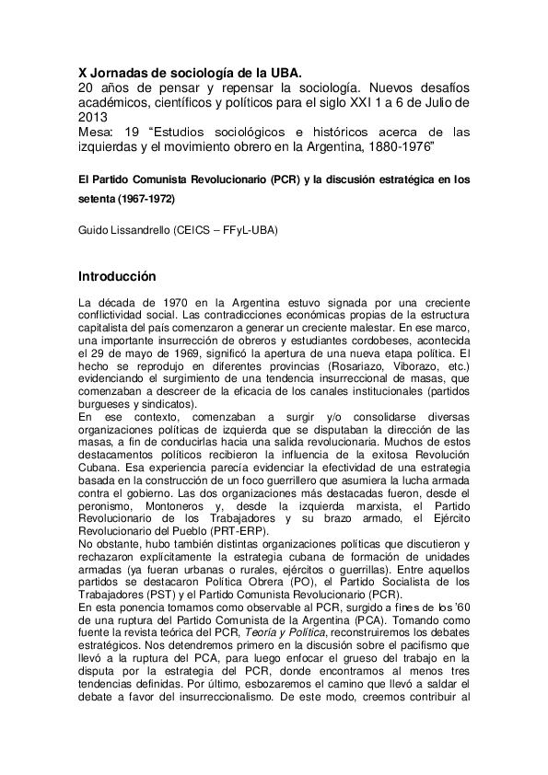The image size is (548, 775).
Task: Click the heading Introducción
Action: pyautogui.click(x=117, y=276)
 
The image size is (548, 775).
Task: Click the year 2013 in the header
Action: pyautogui.click(x=92, y=117)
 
